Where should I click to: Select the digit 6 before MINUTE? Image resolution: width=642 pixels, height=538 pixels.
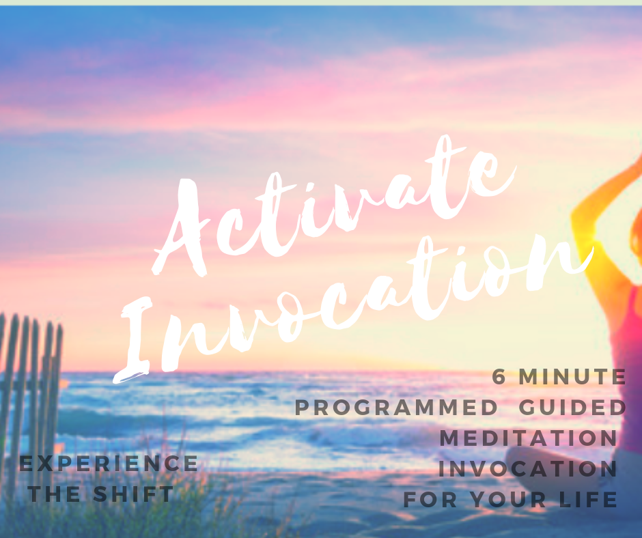point(499,377)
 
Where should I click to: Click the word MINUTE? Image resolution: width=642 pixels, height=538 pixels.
point(572,377)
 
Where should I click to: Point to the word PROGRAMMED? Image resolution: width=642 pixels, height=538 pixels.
point(396,408)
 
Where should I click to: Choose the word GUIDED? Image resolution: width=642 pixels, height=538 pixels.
point(573,408)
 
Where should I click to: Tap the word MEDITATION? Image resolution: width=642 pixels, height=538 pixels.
point(528,438)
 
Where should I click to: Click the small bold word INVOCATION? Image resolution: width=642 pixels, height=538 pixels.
point(528,469)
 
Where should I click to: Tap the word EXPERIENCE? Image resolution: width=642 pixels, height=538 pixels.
point(109,464)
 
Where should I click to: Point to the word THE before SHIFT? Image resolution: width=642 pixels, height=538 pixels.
point(55,494)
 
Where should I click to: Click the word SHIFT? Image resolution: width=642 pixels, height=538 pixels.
point(133,494)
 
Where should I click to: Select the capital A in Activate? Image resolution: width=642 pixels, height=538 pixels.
point(184,229)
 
